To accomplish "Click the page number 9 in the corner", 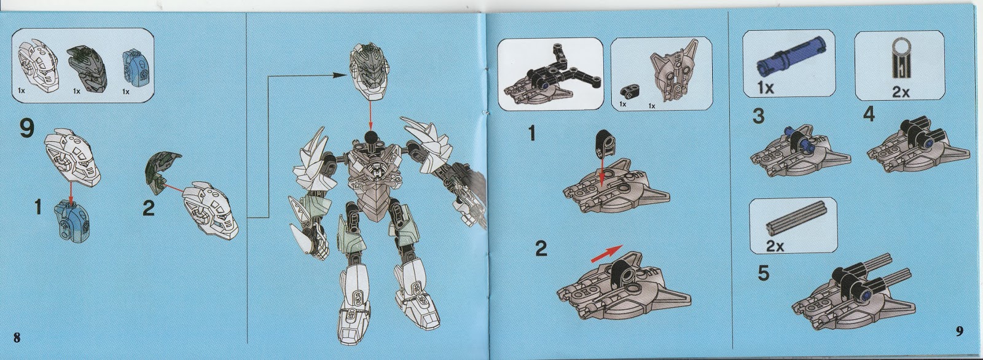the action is (959, 331).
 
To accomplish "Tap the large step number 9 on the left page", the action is (27, 130).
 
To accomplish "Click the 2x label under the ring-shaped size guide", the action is (901, 92).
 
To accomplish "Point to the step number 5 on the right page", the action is (764, 273).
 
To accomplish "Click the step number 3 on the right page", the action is (758, 116).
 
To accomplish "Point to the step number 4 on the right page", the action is (869, 114).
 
